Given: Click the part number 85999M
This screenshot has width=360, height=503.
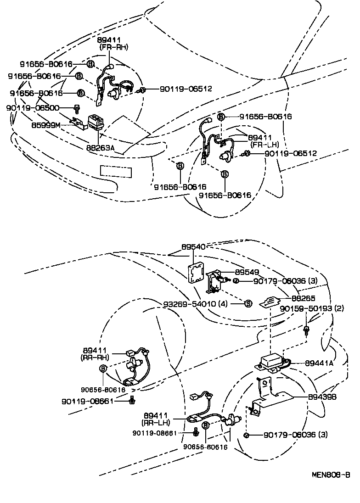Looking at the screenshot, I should click(x=45, y=124).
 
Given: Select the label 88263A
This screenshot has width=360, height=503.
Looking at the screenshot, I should click(x=100, y=148).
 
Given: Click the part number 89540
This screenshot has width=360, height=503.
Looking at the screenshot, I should click(x=193, y=247).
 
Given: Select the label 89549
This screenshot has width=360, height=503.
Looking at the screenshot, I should click(x=247, y=272).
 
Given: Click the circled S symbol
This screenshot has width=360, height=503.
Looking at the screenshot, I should click(x=248, y=303).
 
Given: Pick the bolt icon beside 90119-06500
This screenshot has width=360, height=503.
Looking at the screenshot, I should click(x=77, y=108).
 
